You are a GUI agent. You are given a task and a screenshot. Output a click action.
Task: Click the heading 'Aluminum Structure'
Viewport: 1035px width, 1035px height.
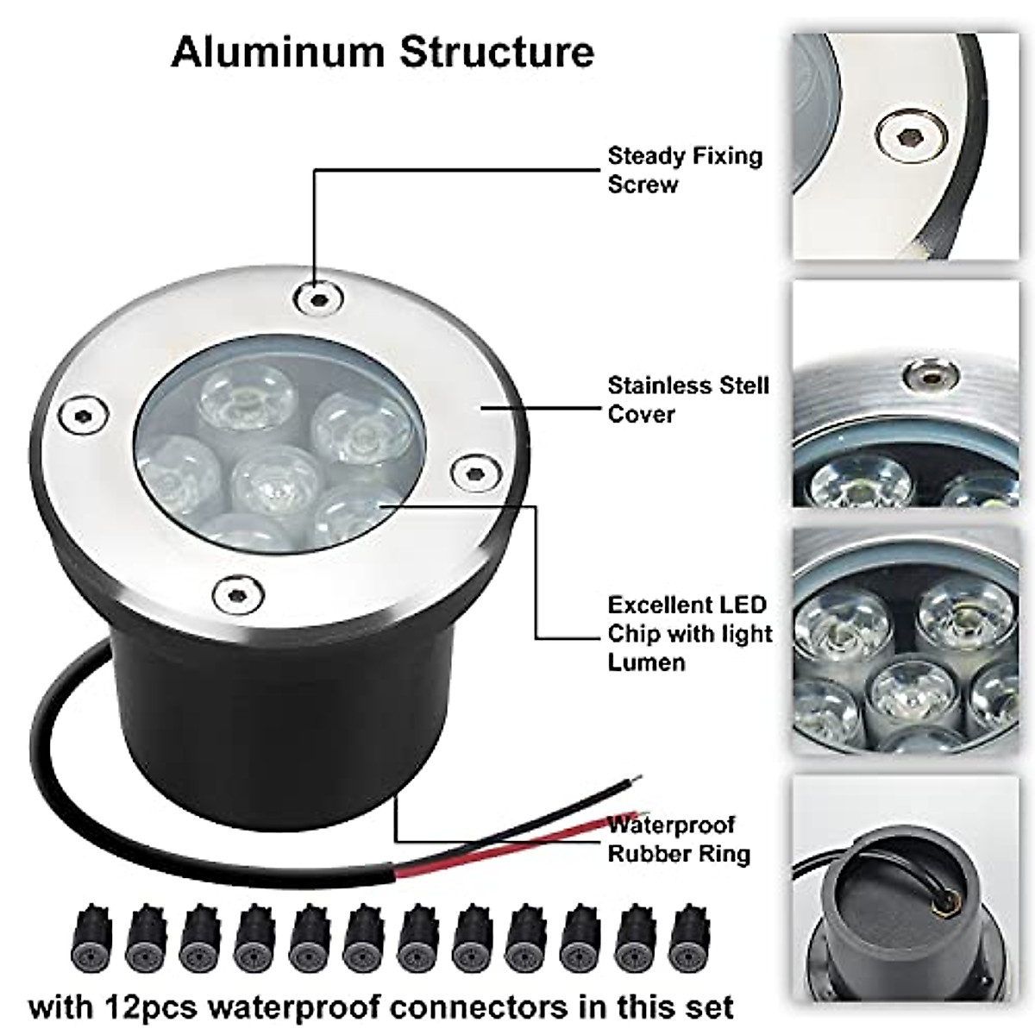[x=383, y=52]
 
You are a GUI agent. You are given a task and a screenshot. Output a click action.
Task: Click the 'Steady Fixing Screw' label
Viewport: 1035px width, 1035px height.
[x=685, y=170]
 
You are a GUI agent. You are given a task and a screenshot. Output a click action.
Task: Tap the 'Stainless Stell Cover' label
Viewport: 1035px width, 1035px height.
[x=687, y=399]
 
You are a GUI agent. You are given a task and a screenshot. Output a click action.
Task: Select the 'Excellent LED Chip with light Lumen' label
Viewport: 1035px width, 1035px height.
[x=689, y=633]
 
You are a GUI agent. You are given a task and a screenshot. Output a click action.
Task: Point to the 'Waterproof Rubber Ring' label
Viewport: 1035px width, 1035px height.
[x=678, y=839]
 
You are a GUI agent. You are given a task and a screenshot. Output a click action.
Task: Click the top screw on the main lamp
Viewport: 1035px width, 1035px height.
[x=317, y=298]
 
